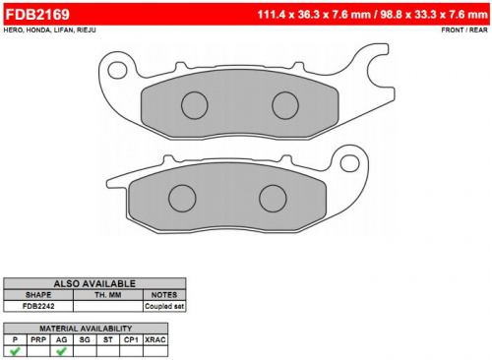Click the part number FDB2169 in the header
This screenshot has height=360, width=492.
coord(37,15)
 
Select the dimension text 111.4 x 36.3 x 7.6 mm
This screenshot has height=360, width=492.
coord(314,15)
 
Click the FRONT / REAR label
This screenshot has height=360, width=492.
coord(464,30)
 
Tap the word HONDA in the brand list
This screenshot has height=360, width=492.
coord(38,30)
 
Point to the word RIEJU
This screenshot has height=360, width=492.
coord(87,30)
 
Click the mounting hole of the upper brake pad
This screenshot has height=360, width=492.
coord(117,70)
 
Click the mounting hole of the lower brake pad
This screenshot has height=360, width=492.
coord(349,163)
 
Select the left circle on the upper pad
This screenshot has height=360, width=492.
coord(195,105)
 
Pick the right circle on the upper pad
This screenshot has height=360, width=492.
coord(285,105)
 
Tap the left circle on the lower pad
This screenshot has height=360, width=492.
coord(182,199)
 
